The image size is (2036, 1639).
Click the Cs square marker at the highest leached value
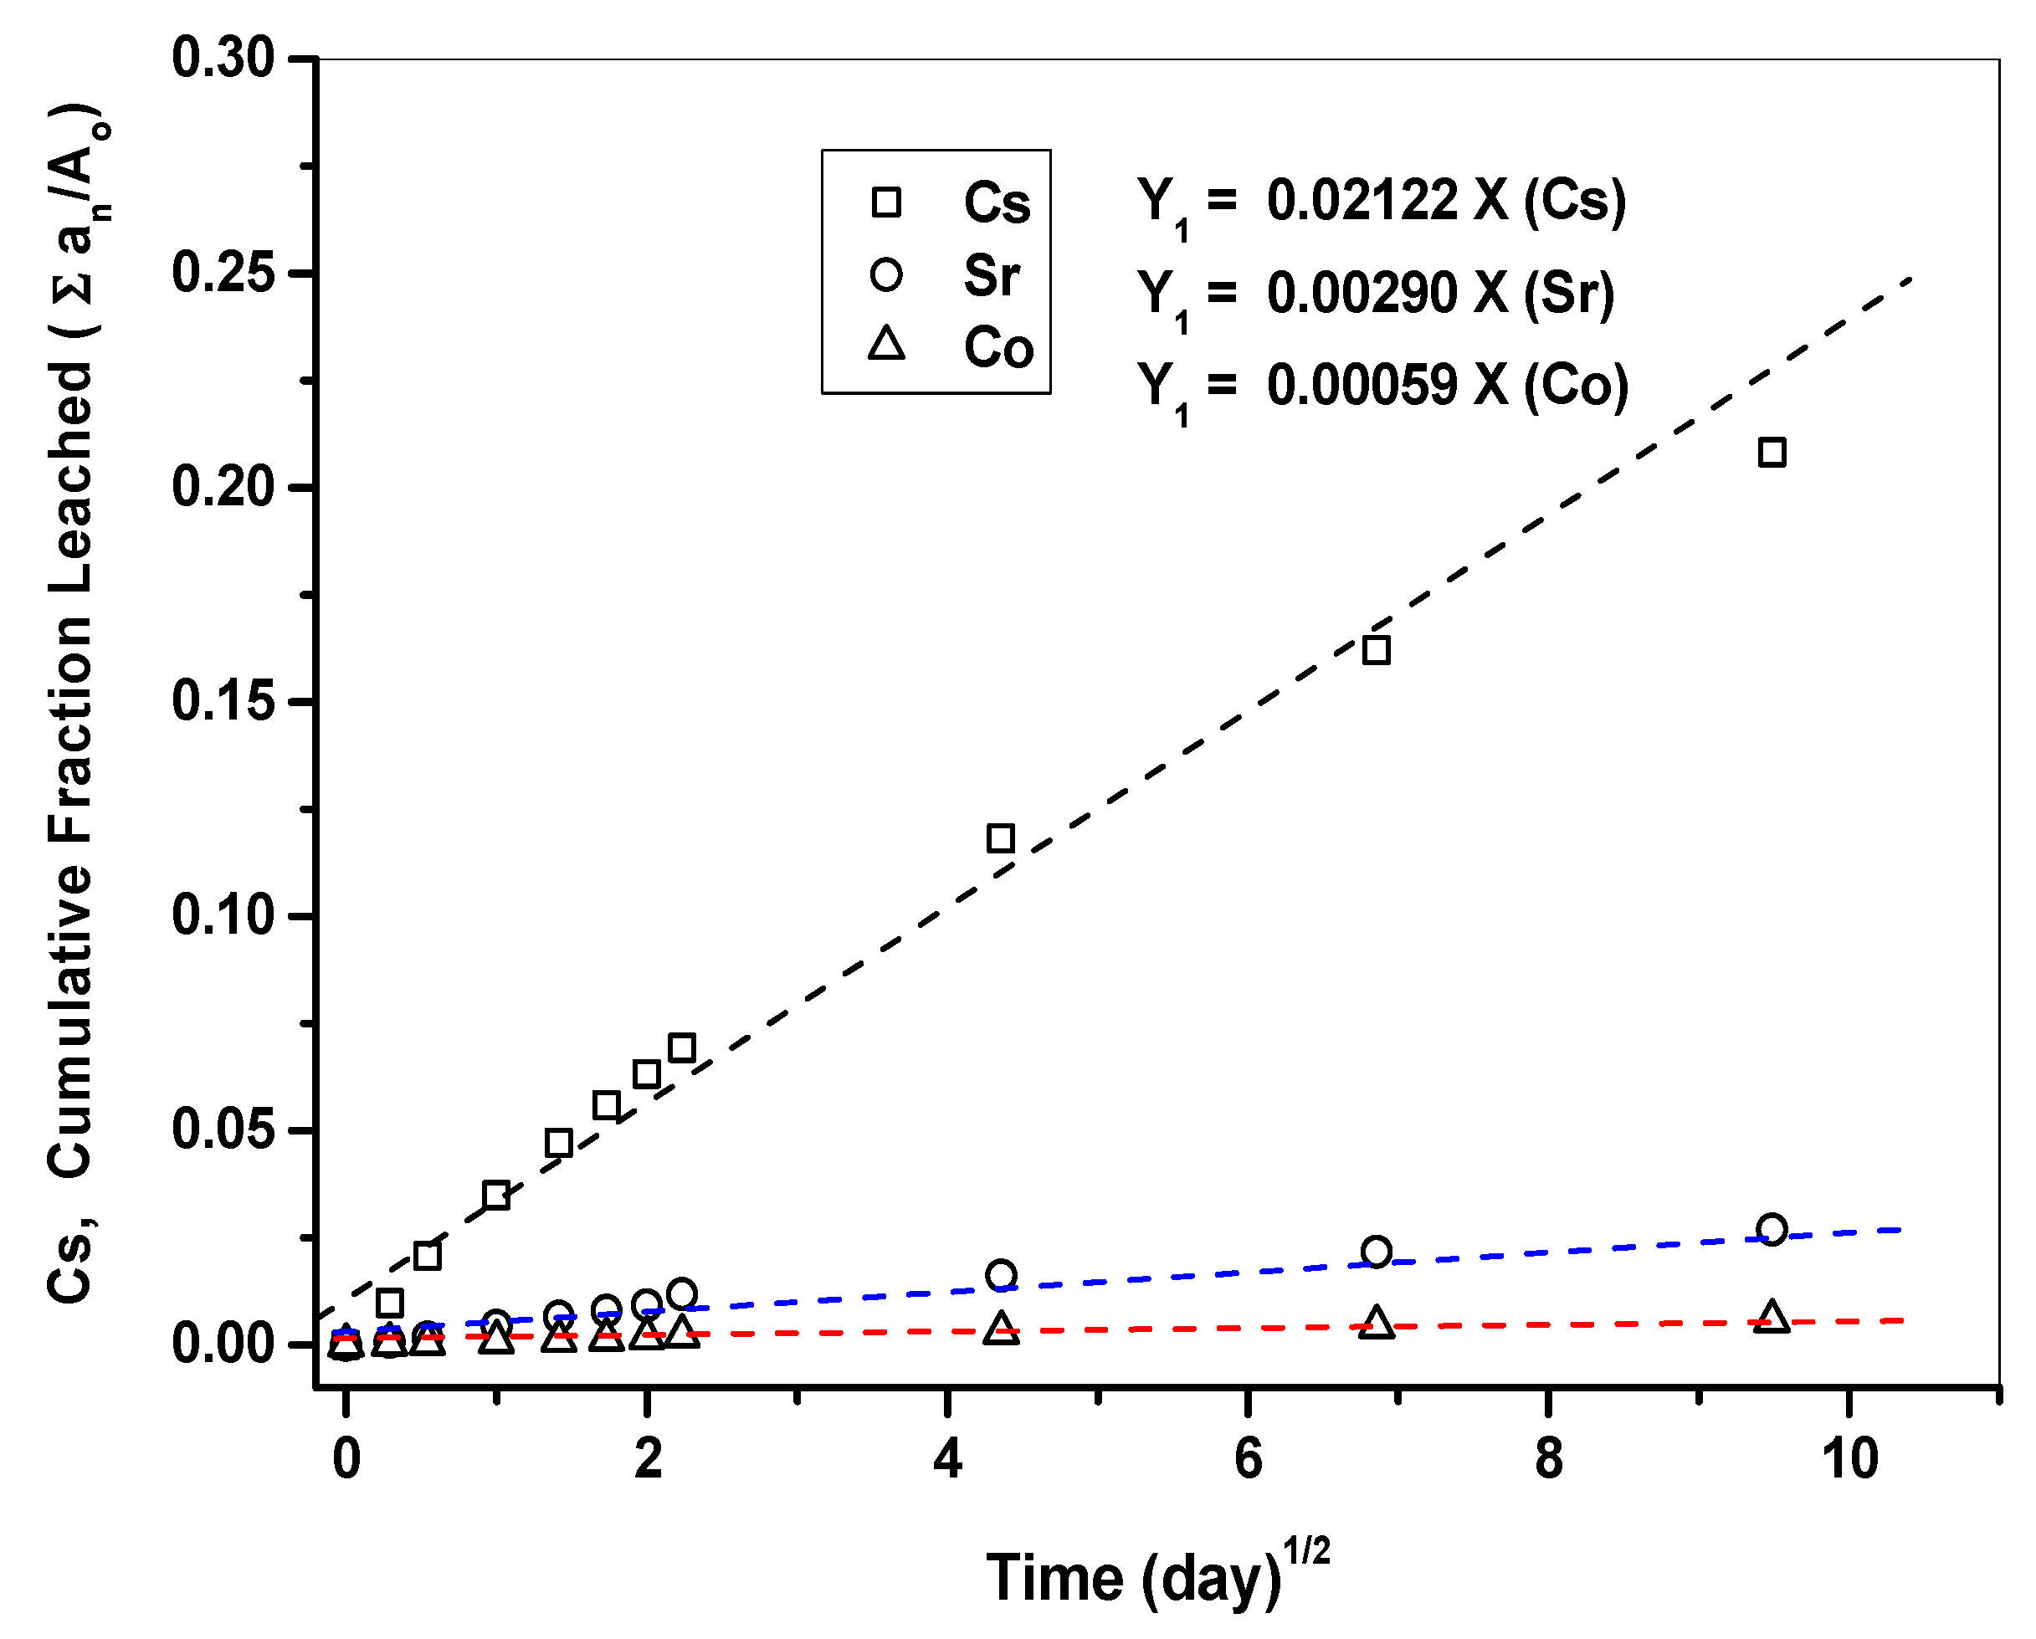[x=1772, y=453]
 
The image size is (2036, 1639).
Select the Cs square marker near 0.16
[x=1376, y=649]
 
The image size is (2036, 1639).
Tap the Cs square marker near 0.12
[x=1000, y=837]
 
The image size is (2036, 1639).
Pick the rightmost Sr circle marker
[x=1772, y=1229]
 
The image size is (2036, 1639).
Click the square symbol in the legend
[x=886, y=202]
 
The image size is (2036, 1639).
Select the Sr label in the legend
[x=991, y=276]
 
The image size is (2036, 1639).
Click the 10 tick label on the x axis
[x=1850, y=1458]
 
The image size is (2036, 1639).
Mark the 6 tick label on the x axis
[x=1248, y=1458]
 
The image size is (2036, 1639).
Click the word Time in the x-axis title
[x=1056, y=1578]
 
